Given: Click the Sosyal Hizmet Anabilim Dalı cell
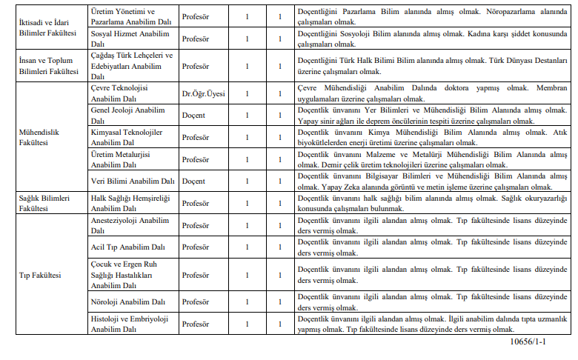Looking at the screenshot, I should [x=127, y=39].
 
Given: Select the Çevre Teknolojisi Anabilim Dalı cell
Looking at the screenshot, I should [x=126, y=93].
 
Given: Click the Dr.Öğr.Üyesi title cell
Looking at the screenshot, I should [x=204, y=93].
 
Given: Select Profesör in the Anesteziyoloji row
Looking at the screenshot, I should [x=196, y=225].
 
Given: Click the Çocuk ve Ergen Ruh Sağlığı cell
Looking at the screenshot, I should [x=127, y=274].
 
